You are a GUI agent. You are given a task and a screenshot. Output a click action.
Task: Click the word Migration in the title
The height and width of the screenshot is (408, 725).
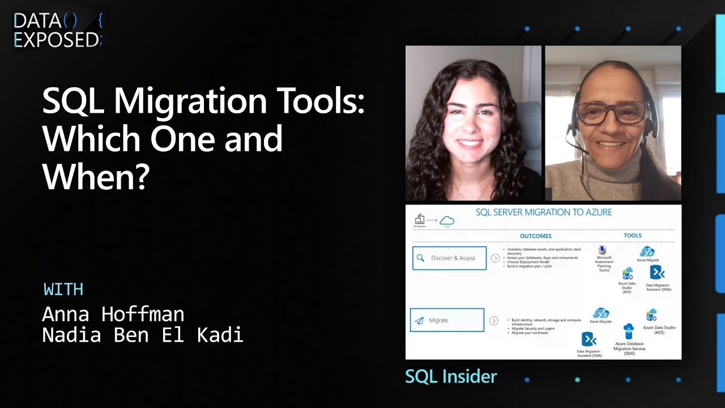[x=189, y=101]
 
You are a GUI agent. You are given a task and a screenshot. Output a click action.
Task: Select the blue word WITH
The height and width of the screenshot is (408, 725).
[x=63, y=290]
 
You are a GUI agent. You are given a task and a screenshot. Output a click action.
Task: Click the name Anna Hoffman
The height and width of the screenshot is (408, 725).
[x=113, y=314]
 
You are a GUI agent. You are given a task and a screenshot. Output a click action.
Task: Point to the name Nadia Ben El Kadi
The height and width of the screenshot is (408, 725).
[x=143, y=335]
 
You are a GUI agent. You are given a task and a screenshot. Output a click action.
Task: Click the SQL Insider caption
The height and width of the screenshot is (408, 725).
[x=451, y=376]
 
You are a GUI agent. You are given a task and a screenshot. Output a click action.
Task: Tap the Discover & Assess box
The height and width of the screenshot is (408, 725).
[x=449, y=258]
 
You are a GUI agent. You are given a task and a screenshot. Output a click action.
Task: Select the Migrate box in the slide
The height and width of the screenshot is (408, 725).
[x=447, y=320]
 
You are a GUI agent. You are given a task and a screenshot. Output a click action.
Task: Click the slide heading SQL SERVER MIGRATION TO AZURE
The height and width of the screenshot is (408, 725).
[x=543, y=212]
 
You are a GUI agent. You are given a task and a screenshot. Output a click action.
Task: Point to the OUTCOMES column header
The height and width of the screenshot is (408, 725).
[x=535, y=236]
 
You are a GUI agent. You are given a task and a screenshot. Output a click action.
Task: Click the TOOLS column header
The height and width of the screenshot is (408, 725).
[x=633, y=235]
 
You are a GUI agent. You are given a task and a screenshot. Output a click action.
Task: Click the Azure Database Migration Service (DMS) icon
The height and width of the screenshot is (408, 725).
[x=629, y=331]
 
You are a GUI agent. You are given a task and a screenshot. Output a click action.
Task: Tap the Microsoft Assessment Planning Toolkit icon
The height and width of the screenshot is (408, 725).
[x=603, y=250]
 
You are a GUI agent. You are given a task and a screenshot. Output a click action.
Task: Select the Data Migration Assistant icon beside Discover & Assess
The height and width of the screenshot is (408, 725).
[x=657, y=272]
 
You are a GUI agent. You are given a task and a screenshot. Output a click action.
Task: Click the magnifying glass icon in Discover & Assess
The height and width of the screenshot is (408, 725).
[x=420, y=258]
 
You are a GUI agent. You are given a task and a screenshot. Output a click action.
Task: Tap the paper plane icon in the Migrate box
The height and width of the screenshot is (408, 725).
[x=419, y=321]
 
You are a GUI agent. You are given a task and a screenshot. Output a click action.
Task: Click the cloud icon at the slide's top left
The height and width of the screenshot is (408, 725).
[x=447, y=220]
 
